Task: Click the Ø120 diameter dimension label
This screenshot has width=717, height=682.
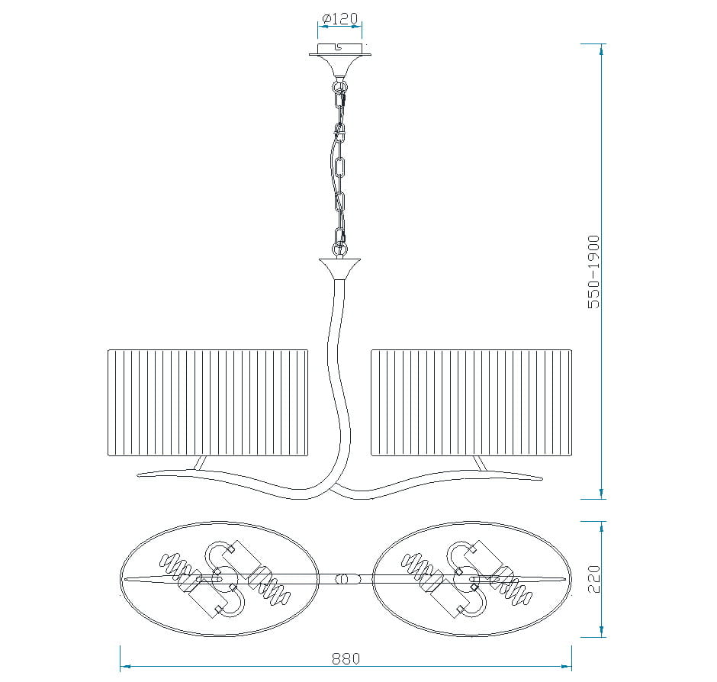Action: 339,19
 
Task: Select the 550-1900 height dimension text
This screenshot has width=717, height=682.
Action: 593,272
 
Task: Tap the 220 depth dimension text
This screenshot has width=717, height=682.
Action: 593,579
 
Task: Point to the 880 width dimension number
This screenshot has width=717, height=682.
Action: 346,658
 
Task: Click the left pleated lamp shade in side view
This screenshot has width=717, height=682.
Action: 208,403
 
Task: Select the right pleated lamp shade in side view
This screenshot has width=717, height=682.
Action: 471,403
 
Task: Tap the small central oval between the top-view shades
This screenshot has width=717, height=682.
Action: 342,579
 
